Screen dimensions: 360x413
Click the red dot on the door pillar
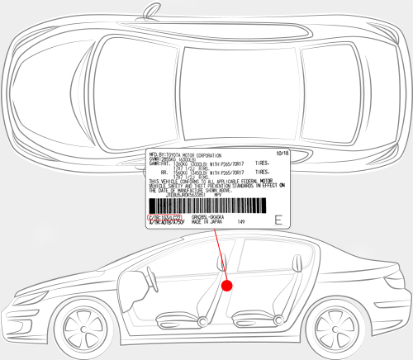229,285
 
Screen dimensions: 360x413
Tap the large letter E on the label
278,220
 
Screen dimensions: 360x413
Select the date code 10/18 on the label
281,153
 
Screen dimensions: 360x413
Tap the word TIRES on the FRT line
263,163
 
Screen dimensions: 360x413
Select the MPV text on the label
216,195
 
